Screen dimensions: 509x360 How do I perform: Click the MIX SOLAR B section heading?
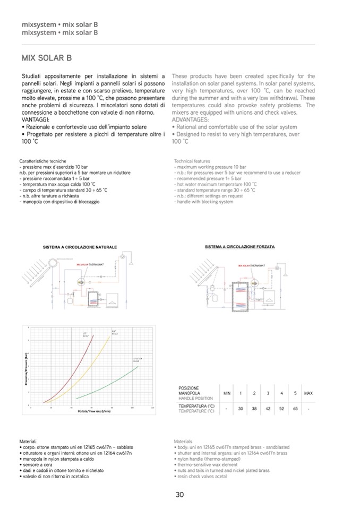tap(47, 58)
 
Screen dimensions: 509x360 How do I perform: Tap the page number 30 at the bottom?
tap(179, 495)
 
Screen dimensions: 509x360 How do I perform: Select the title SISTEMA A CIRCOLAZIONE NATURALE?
tap(80, 247)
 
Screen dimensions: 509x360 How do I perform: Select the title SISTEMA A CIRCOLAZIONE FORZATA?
tap(239, 247)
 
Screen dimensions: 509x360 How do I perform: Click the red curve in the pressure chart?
tap(74, 372)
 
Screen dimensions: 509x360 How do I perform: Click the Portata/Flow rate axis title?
tap(94, 412)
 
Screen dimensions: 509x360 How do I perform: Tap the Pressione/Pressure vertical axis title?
tap(25, 368)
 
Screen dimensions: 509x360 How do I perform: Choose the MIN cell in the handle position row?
tap(227, 393)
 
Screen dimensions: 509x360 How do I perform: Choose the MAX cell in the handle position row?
tap(308, 393)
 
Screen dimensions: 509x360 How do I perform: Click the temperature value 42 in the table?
tap(268, 409)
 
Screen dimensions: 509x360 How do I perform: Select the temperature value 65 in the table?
tap(295, 409)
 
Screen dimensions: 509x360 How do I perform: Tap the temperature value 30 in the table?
tap(241, 409)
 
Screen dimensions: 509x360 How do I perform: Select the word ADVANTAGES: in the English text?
tap(190, 120)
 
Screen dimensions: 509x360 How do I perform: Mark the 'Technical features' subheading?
tap(192, 161)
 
